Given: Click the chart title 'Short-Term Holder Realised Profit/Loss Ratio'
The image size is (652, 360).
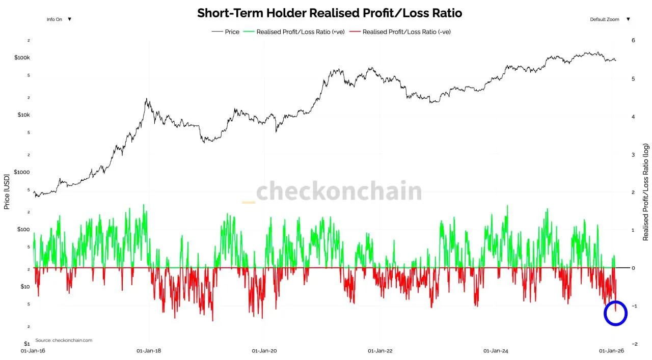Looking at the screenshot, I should (x=330, y=13).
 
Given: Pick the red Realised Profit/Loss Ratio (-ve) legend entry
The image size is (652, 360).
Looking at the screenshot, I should (x=406, y=32).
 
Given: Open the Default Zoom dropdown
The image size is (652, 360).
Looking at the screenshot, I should (x=610, y=19).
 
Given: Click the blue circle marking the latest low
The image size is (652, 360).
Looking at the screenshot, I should (x=615, y=314).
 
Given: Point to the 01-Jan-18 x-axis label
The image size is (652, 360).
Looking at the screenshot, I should (x=149, y=351).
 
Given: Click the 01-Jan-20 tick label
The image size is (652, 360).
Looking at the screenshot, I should (x=264, y=351).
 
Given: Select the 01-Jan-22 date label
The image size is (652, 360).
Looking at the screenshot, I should (x=379, y=351).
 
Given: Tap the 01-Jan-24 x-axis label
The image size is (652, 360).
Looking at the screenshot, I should (x=495, y=351).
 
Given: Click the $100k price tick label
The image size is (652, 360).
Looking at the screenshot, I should (x=22, y=58).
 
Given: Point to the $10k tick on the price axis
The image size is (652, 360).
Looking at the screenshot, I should (x=24, y=115).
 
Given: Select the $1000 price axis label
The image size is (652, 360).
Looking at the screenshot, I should (x=23, y=172).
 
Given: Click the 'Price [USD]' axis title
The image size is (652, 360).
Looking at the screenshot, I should (x=7, y=191).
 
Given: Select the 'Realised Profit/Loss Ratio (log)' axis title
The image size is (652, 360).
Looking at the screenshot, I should (x=646, y=192).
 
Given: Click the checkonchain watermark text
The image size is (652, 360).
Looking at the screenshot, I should (x=339, y=192).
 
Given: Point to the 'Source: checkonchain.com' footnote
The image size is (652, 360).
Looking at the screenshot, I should (x=64, y=340).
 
